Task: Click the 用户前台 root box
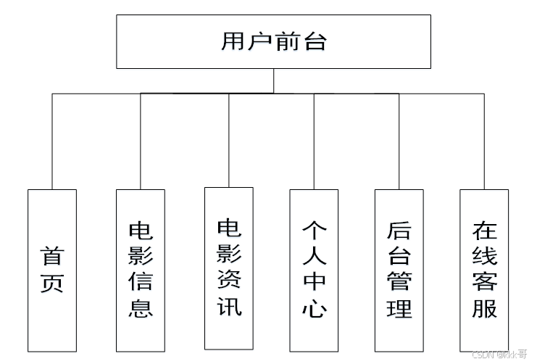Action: point(273,42)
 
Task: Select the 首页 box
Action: point(51,270)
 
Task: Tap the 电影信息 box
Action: point(140,270)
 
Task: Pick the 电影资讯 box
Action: point(228,268)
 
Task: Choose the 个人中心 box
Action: point(314,270)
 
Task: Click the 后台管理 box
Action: point(399,270)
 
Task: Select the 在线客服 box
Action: point(484,270)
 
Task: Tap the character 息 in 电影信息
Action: point(140,308)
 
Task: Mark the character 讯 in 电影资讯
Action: point(229,306)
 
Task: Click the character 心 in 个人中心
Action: point(314,308)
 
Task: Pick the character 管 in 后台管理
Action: point(399,283)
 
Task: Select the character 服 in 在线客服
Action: point(484,308)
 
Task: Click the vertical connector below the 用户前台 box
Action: point(273,80)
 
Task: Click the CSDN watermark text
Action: point(499,355)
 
